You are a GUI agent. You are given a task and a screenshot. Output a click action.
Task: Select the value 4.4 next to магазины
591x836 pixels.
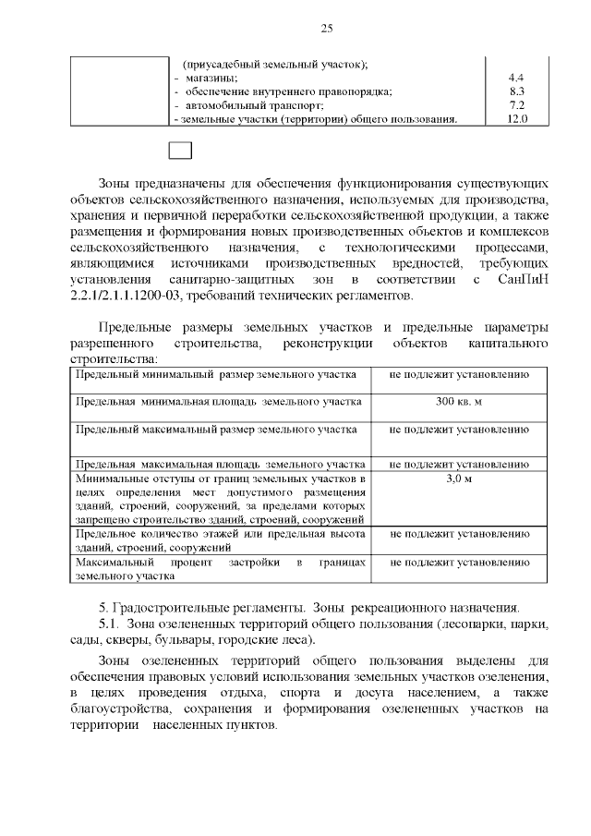pos(517,77)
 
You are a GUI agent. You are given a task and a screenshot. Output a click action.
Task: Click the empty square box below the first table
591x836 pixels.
pos(180,151)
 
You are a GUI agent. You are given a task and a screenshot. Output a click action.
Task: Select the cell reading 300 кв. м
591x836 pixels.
pos(459,402)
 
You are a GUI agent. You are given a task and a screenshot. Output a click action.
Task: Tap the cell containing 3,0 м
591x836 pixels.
pos(459,479)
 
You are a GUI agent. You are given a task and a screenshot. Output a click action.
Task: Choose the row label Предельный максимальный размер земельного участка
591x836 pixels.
pos(216,430)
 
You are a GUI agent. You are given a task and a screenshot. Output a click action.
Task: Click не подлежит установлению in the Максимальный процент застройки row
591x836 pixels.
pos(459,561)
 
